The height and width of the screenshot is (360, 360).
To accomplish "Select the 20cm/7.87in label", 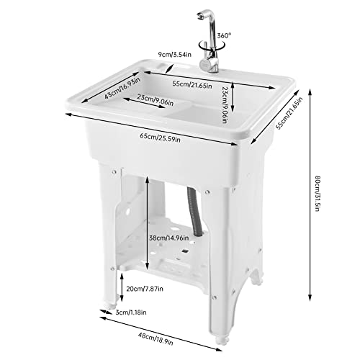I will click(145, 289).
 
